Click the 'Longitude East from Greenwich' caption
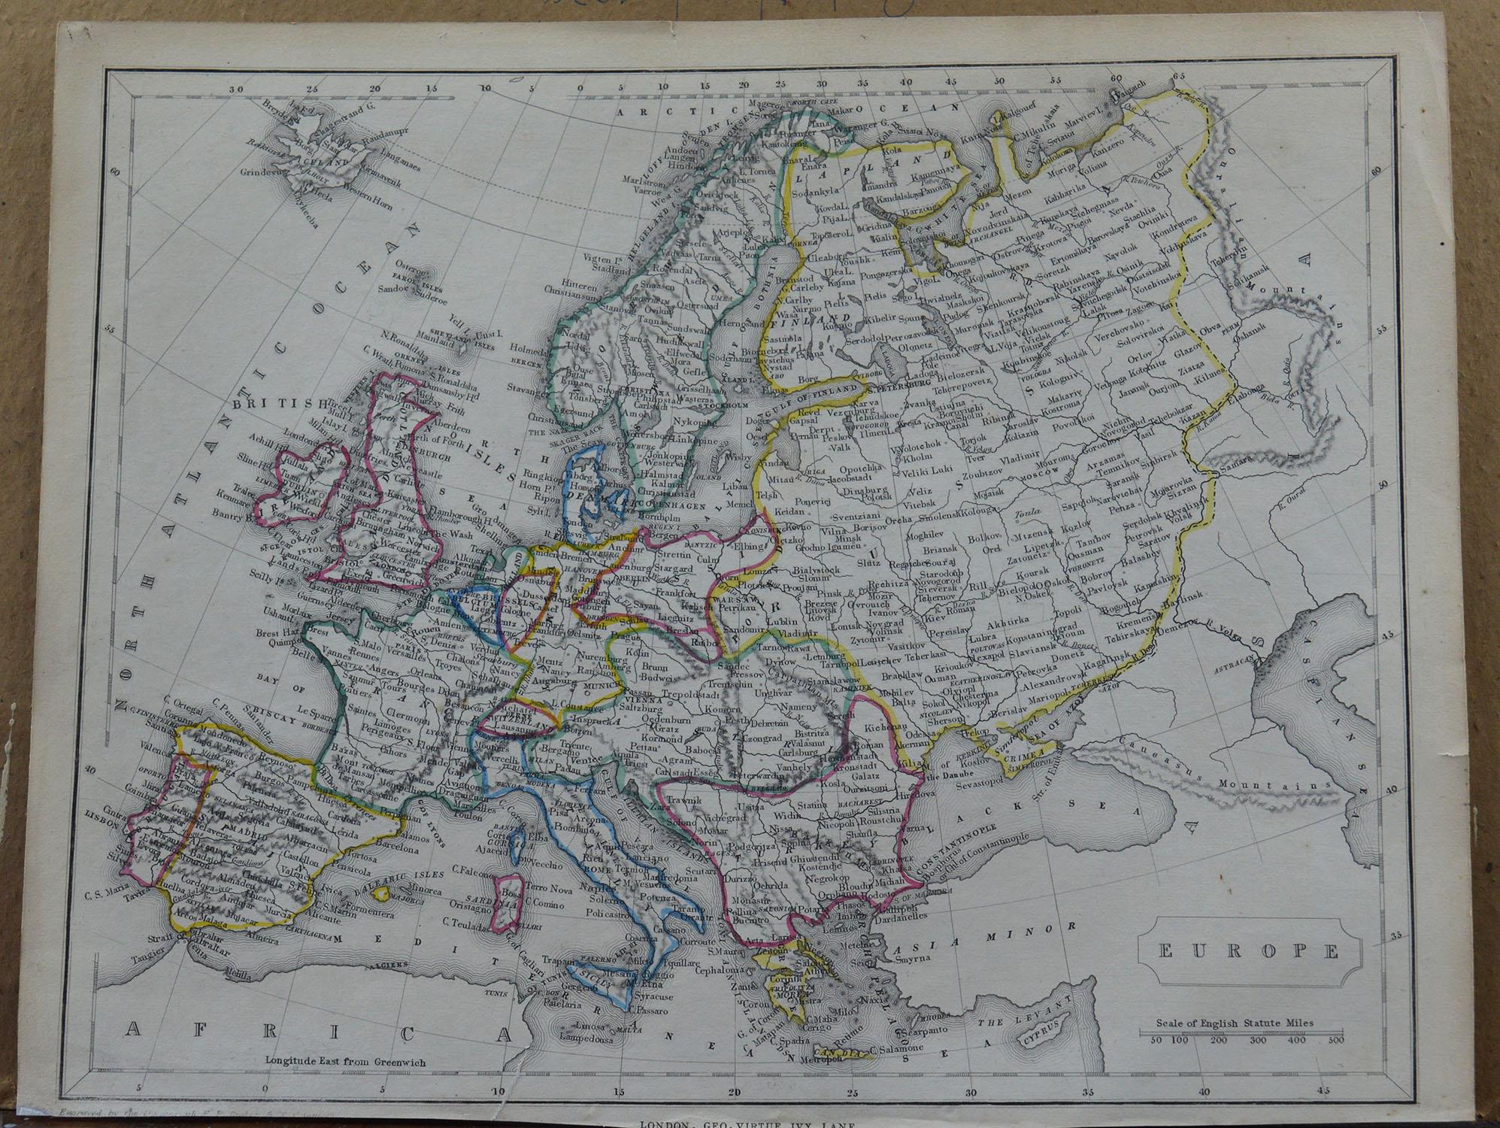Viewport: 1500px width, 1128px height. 345,1062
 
